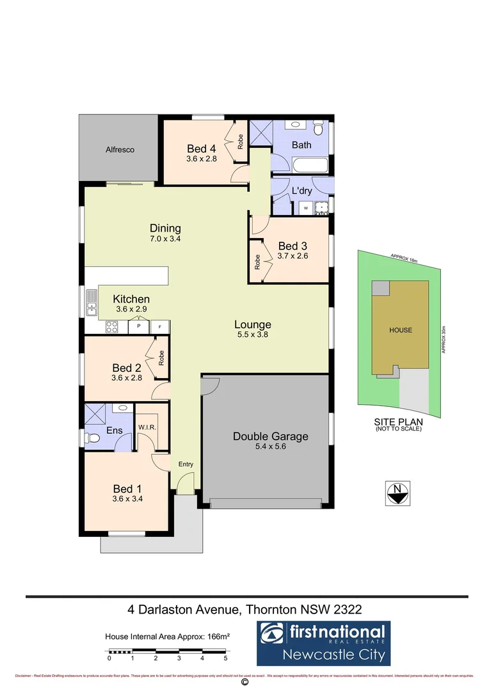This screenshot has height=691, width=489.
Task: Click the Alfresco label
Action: click(x=120, y=150)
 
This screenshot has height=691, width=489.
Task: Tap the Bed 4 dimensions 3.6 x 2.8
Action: click(x=202, y=159)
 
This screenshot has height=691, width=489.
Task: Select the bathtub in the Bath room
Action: click(x=310, y=166)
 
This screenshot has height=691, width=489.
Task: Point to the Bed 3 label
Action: click(x=293, y=246)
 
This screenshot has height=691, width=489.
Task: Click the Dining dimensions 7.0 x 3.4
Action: click(x=165, y=239)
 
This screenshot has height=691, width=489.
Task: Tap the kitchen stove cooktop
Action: click(x=111, y=327)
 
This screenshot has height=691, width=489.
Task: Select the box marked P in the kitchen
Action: click(x=138, y=327)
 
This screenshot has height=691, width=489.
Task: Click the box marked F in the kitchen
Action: click(x=160, y=327)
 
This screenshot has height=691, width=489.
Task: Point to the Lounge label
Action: click(x=252, y=324)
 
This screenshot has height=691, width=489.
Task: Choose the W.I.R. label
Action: click(x=148, y=427)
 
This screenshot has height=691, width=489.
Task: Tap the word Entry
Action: click(x=186, y=465)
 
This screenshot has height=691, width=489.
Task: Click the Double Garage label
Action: click(x=270, y=436)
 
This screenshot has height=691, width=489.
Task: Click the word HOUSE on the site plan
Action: click(x=400, y=330)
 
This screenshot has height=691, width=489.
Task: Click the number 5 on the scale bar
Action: click(x=225, y=658)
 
